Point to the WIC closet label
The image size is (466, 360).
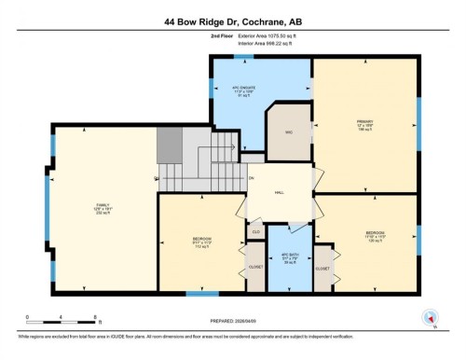(x=289, y=132)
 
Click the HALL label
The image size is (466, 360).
(x=279, y=193)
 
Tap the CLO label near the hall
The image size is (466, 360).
(x=255, y=229)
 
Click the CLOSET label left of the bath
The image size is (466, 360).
(x=254, y=268)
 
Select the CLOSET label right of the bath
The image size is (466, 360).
(x=322, y=268)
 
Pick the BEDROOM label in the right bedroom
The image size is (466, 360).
(x=375, y=233)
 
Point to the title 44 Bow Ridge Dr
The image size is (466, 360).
(x=232, y=20)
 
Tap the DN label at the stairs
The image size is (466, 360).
(x=251, y=177)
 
